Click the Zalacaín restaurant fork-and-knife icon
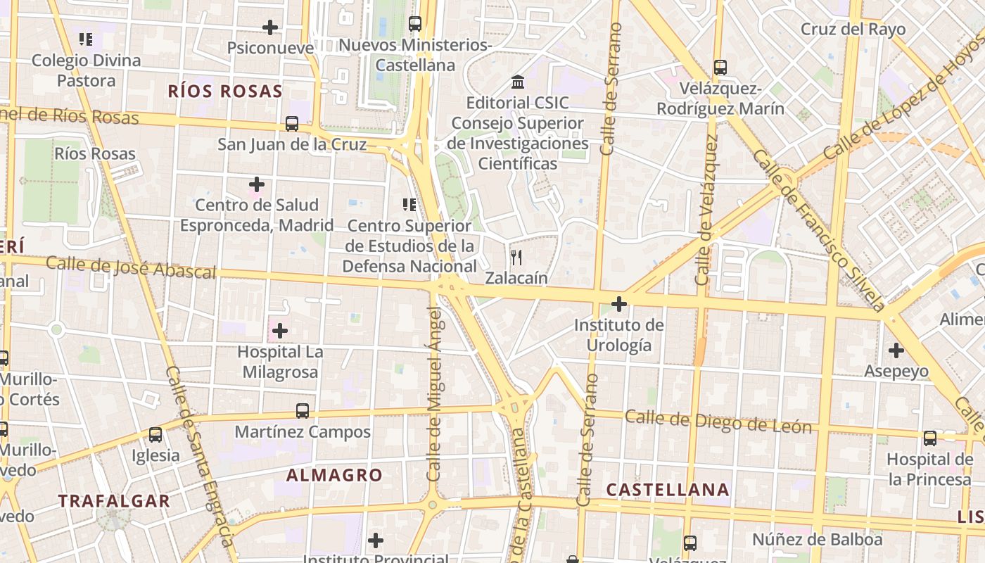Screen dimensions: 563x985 click(516, 258)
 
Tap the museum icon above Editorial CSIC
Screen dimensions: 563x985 click(518, 82)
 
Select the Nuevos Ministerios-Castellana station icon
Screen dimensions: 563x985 click(415, 24)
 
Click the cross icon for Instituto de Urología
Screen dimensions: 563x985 click(619, 304)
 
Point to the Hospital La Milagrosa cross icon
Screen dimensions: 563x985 click(280, 330)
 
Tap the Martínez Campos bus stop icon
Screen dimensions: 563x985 click(303, 411)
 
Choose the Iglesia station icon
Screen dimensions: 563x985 click(155, 435)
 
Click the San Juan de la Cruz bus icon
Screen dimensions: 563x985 click(292, 124)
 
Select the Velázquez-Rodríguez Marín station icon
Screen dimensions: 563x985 click(720, 68)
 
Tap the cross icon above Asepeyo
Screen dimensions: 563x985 click(896, 350)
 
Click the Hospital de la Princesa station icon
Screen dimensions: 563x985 click(930, 438)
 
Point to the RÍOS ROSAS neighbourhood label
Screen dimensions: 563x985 click(225, 91)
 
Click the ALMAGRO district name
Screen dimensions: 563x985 click(334, 475)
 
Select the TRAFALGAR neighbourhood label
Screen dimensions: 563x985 click(114, 501)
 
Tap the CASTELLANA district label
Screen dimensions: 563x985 click(668, 490)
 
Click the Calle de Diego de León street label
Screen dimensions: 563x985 click(718, 422)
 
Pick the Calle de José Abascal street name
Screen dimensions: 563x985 click(131, 267)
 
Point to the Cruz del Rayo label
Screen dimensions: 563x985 click(853, 30)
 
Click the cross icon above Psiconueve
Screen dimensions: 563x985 click(270, 27)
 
